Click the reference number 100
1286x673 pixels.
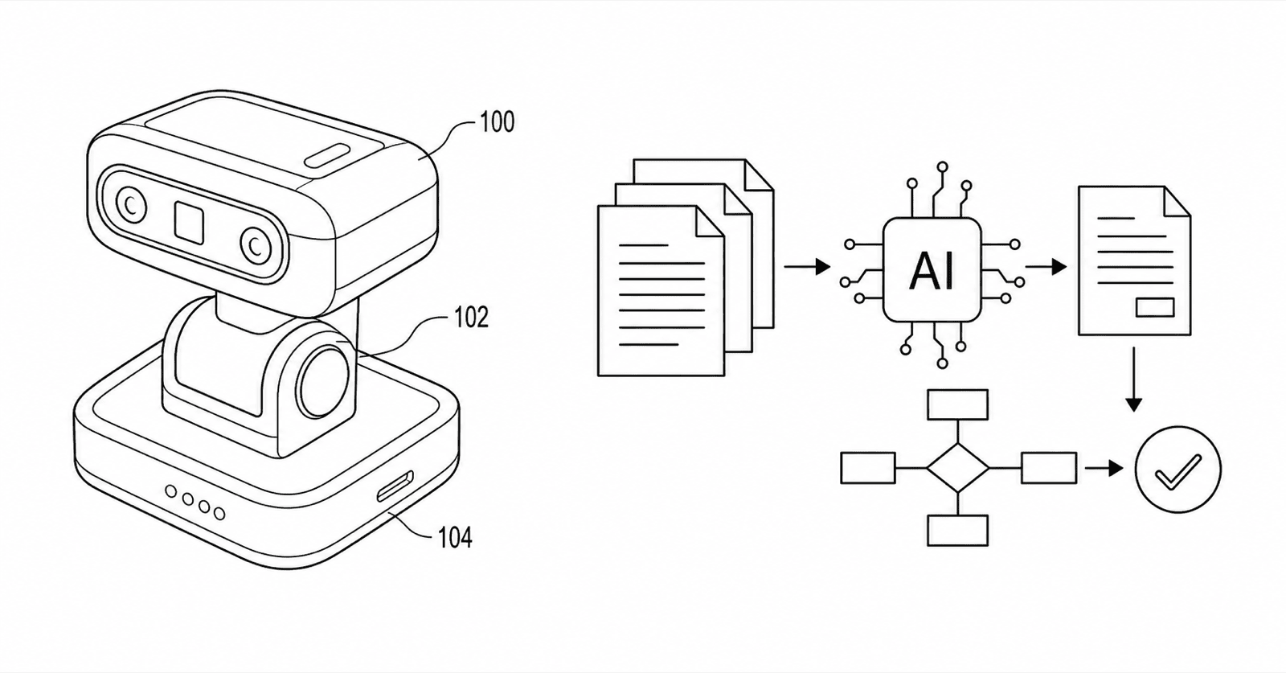pos(498,121)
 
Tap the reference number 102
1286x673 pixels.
pos(471,318)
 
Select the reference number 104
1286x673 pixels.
pos(455,538)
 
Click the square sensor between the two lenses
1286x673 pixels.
pos(189,221)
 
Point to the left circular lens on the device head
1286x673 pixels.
pos(131,204)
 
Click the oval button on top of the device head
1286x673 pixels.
pos(326,156)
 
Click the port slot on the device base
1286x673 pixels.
pos(395,486)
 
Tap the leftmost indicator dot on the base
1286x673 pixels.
pos(171,491)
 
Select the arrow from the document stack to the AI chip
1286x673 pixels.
pos(807,266)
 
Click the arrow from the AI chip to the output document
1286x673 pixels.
pos(1046,266)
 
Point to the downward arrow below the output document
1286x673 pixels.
pos(1133,379)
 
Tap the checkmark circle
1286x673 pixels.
pos(1178,469)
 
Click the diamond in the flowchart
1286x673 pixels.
pos(957,468)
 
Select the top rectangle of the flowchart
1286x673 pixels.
pos(957,404)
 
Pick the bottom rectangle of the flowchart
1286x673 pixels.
pos(957,530)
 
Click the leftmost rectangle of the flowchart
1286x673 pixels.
pos(868,468)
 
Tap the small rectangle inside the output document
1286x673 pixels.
pos(1155,307)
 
